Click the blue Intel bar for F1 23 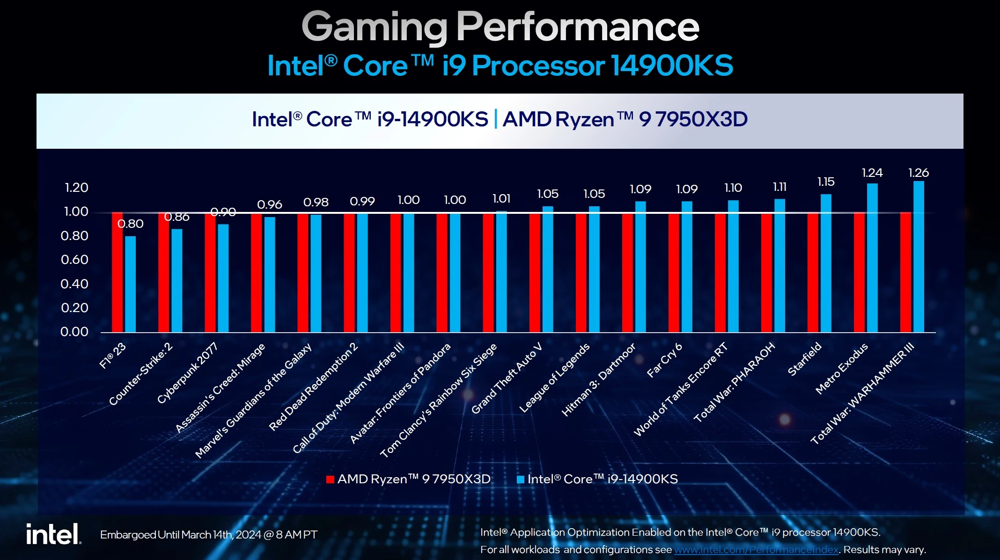(x=130, y=284)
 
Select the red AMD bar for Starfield (x=813, y=272)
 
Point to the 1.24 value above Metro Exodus (x=872, y=173)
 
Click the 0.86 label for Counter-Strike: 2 (x=176, y=217)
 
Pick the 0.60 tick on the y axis (x=74, y=260)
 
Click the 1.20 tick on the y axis (x=76, y=188)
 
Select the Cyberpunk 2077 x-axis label (x=187, y=373)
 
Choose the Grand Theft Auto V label (x=507, y=378)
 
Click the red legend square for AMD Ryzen (x=330, y=479)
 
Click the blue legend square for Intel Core (x=520, y=479)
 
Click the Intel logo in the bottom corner (x=53, y=534)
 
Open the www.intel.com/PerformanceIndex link (x=756, y=550)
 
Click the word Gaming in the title (x=375, y=27)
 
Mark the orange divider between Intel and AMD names (x=495, y=119)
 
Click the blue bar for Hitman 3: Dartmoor (x=640, y=267)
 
